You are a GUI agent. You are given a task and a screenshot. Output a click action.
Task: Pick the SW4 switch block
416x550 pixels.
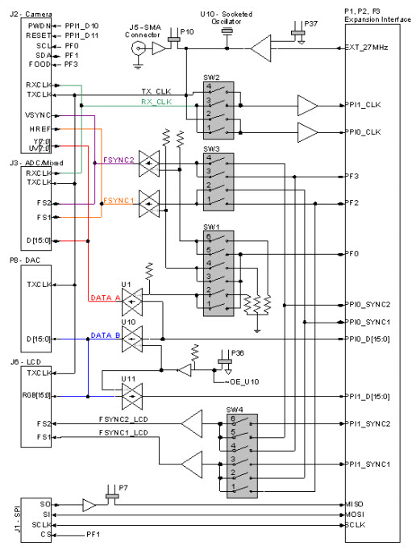pyautogui.click(x=238, y=454)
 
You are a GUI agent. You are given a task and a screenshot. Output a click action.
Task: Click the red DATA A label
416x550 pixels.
pyautogui.click(x=106, y=298)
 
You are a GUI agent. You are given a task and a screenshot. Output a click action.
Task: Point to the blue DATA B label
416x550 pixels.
pyautogui.click(x=106, y=335)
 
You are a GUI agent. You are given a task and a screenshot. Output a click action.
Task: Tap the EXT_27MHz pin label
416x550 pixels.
pyautogui.click(x=368, y=48)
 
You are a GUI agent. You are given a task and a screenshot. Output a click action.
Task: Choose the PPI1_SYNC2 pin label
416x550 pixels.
pyautogui.click(x=368, y=423)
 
